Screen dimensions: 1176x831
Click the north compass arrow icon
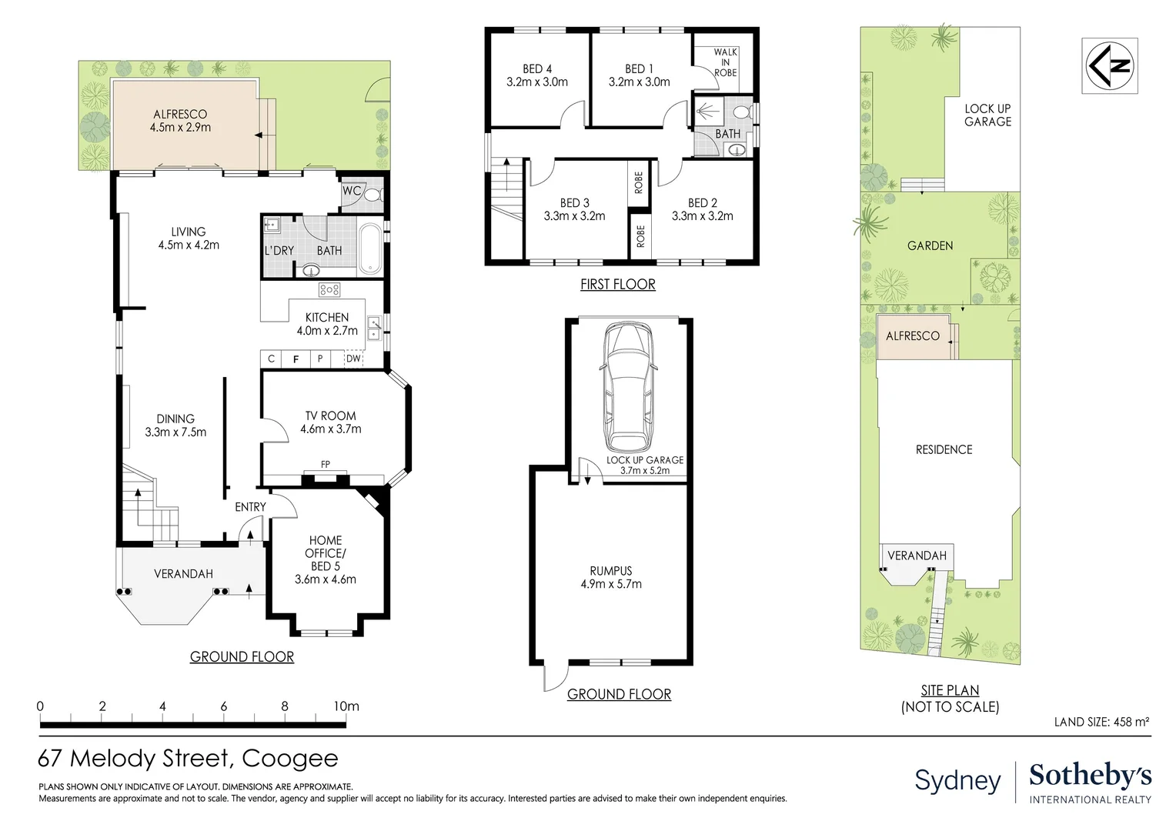point(1109,65)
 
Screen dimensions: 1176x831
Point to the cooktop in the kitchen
point(329,289)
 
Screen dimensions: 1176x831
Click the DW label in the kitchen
point(353,359)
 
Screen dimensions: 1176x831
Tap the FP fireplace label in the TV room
point(326,464)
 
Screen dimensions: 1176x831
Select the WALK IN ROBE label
point(725,62)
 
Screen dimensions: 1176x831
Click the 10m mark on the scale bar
point(346,706)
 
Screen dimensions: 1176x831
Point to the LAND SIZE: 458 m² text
point(1102,722)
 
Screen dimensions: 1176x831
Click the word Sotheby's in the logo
point(1091,776)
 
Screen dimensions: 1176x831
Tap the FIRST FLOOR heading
point(618,284)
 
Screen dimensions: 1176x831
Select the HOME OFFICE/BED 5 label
point(326,559)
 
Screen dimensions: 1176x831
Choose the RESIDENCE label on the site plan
point(944,449)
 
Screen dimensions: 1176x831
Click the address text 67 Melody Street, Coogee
point(188,759)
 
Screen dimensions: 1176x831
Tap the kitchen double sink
point(374,328)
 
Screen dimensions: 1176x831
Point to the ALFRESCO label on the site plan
point(913,336)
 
